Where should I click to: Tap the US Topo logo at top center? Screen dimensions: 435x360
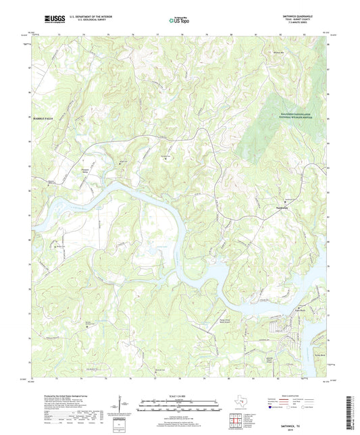pyautogui.click(x=178, y=21)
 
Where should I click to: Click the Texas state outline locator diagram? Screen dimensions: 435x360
pyautogui.click(x=238, y=401)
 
